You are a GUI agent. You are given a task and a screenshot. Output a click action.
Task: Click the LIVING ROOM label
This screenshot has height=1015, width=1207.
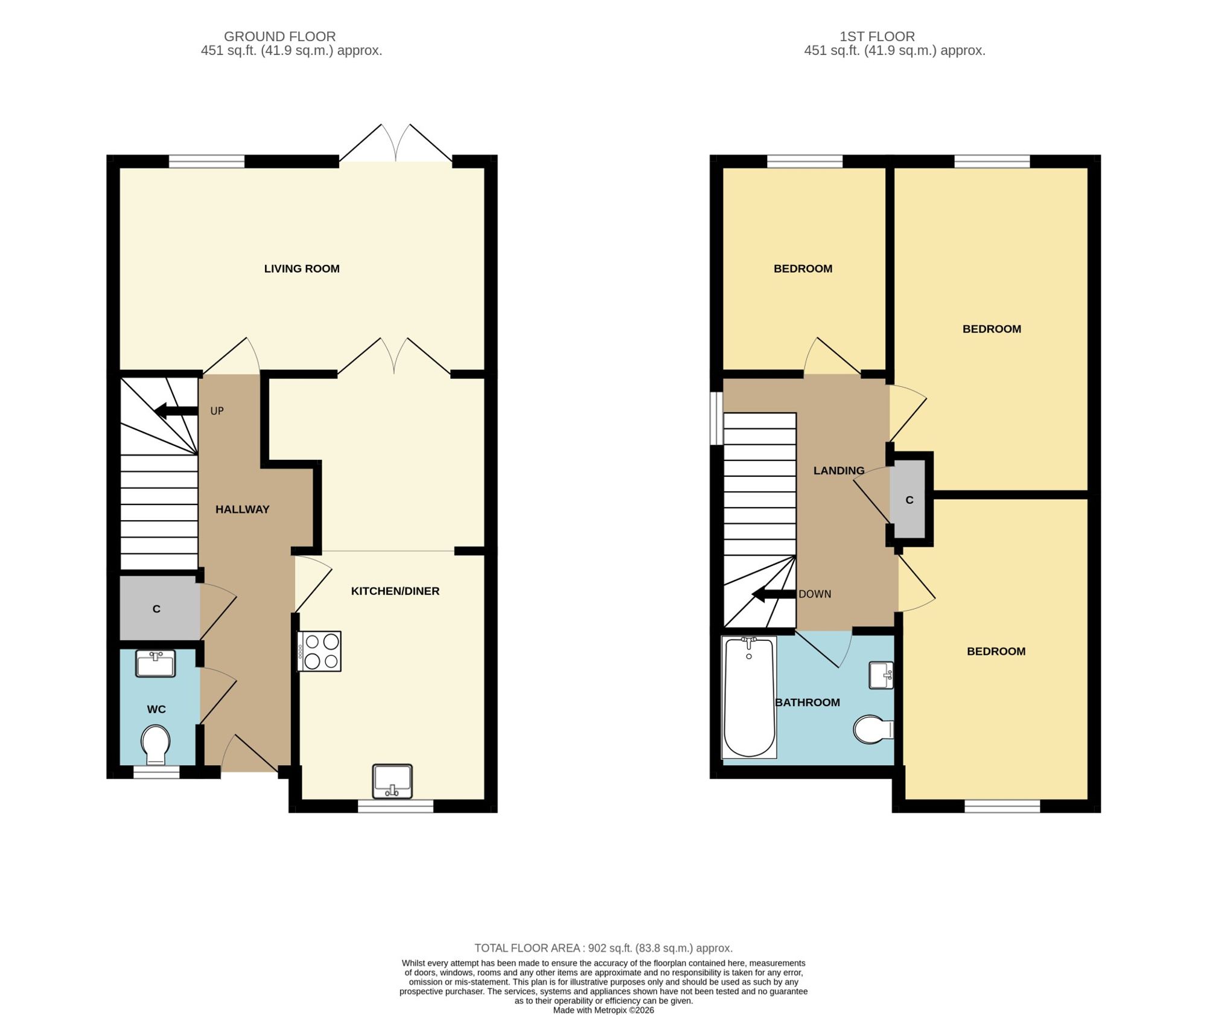[x=302, y=269]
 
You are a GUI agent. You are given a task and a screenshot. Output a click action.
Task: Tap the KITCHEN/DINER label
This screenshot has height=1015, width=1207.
[x=395, y=591]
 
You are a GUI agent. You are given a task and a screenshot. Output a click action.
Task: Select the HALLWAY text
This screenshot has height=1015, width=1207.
[x=242, y=509]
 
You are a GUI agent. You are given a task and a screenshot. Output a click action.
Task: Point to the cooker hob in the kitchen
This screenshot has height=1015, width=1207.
[x=319, y=651]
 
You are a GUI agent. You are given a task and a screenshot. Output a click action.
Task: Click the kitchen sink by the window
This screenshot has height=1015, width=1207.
[x=392, y=781]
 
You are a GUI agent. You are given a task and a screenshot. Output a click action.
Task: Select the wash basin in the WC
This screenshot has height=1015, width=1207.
[x=156, y=663]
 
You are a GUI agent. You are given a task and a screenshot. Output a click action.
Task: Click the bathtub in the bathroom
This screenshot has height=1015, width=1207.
[x=749, y=697]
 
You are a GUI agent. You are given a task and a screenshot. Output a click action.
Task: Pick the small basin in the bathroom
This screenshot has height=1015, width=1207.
[x=881, y=675]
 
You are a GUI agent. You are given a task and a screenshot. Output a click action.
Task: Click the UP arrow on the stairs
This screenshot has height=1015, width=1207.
[x=176, y=412]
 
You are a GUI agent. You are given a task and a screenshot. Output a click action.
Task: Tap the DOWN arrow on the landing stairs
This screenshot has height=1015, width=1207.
[x=774, y=594]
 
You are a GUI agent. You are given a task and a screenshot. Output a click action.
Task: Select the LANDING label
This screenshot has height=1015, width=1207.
[x=839, y=471]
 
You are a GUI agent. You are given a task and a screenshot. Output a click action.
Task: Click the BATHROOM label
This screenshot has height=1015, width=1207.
[x=807, y=702]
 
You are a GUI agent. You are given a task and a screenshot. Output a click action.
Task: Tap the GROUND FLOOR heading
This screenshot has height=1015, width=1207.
[x=279, y=36]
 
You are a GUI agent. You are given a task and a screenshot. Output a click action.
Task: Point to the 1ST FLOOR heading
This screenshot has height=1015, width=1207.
[x=877, y=36]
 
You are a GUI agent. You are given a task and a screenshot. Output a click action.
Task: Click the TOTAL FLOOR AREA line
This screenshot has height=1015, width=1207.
[x=603, y=948]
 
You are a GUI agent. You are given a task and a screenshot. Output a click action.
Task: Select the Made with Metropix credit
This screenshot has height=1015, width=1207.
[x=603, y=1010]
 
